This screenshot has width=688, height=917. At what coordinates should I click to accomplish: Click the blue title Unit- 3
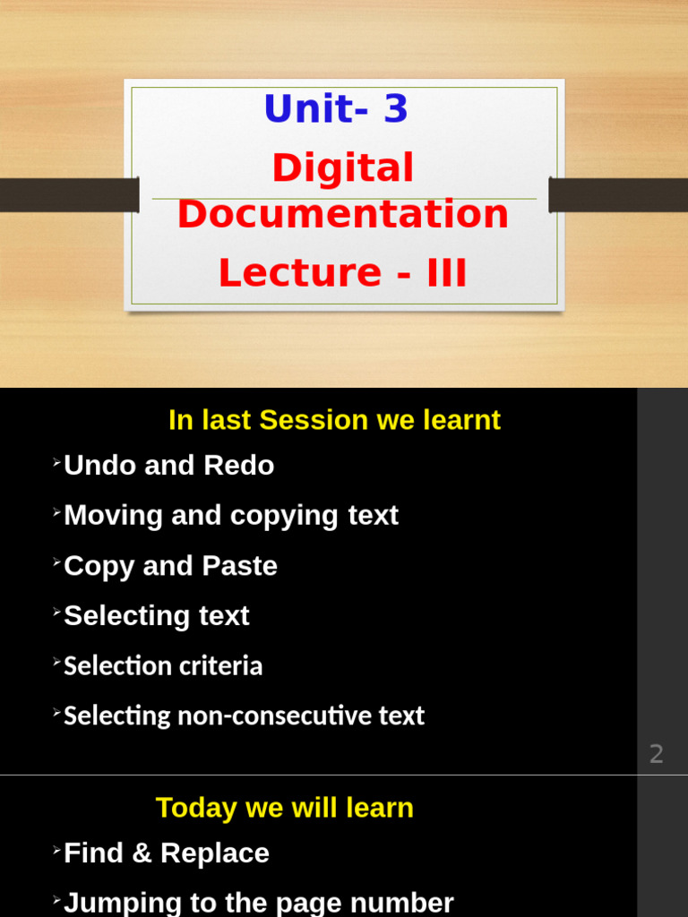click(336, 109)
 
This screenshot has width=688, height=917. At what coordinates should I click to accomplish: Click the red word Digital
click(343, 167)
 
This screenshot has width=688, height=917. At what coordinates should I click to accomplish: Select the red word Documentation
click(343, 215)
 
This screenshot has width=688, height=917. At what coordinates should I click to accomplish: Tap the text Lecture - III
click(343, 273)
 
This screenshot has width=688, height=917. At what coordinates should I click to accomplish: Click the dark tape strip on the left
click(69, 195)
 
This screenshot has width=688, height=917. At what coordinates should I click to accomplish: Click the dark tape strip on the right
click(618, 195)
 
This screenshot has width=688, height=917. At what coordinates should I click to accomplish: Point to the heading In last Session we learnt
click(334, 420)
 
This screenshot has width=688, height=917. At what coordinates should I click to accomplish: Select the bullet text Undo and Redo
click(168, 466)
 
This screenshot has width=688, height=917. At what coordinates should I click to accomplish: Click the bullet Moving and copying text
click(231, 516)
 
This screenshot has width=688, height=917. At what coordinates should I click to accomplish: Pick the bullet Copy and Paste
click(170, 566)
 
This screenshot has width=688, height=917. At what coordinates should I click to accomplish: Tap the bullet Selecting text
click(157, 616)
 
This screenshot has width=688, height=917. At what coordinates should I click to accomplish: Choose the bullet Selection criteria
click(163, 666)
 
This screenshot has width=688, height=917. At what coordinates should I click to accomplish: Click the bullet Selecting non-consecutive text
click(244, 716)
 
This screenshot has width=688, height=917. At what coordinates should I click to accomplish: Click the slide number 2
click(657, 754)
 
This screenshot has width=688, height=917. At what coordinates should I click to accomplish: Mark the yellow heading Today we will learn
click(285, 808)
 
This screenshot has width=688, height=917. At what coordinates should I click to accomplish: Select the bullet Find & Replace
click(167, 853)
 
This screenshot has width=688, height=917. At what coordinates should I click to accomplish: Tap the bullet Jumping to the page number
click(259, 903)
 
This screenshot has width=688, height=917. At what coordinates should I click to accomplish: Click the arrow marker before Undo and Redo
click(56, 462)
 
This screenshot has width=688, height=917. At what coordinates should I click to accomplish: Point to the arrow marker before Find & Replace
click(56, 850)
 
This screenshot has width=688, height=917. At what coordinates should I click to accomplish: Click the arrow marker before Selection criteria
click(56, 663)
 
